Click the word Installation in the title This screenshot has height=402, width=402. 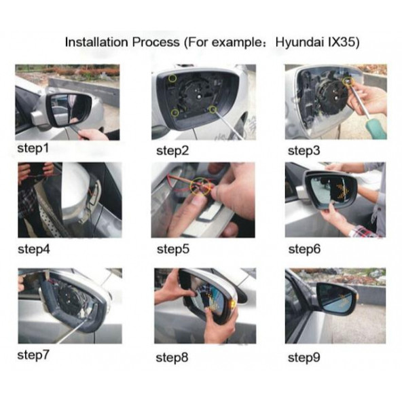pyautogui.click(x=96, y=42)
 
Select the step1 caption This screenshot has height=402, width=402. pyautogui.click(x=33, y=149)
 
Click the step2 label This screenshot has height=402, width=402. pyautogui.click(x=172, y=151)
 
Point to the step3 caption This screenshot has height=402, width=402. pyautogui.click(x=304, y=151)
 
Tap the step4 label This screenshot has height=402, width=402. pyautogui.click(x=34, y=249)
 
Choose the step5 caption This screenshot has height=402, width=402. pyautogui.click(x=173, y=249)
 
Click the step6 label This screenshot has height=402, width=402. pyautogui.click(x=304, y=249)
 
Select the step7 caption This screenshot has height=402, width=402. pyautogui.click(x=33, y=356)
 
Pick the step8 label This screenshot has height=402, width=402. pyautogui.click(x=172, y=358)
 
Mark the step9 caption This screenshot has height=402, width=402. pyautogui.click(x=304, y=358)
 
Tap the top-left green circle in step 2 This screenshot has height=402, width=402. pyautogui.click(x=172, y=78)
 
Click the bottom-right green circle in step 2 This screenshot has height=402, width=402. pyautogui.click(x=213, y=110)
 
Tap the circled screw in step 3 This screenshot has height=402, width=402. pyautogui.click(x=348, y=81)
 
